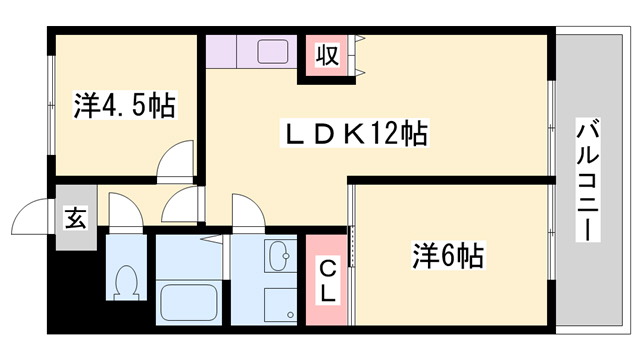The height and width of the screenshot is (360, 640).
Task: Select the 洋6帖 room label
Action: click(447, 257)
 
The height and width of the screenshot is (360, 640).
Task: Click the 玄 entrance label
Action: click(75, 216)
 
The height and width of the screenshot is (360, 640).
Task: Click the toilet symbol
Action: click(127, 283)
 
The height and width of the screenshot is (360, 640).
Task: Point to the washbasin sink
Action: click(278, 258)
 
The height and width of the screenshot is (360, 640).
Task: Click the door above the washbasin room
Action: click(245, 212)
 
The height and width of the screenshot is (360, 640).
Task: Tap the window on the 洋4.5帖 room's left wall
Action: click(50, 104)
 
